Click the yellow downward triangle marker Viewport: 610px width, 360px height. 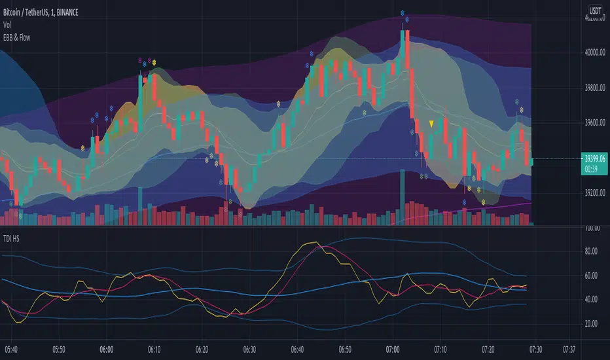click(431, 123)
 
